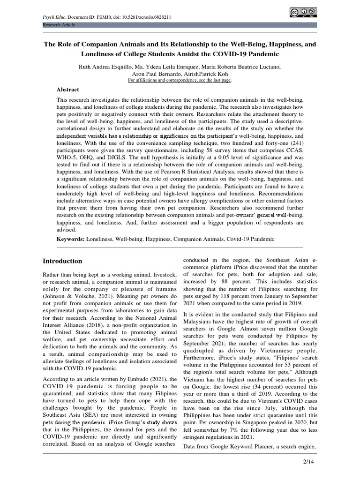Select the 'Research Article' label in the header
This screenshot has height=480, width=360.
point(59,25)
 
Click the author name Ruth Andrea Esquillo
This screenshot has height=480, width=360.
point(106,67)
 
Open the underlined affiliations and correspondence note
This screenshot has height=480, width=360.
point(180,80)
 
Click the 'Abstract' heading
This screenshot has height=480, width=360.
point(68,90)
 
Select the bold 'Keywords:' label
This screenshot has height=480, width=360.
point(70,239)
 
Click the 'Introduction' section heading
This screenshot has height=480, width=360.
point(62,261)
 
